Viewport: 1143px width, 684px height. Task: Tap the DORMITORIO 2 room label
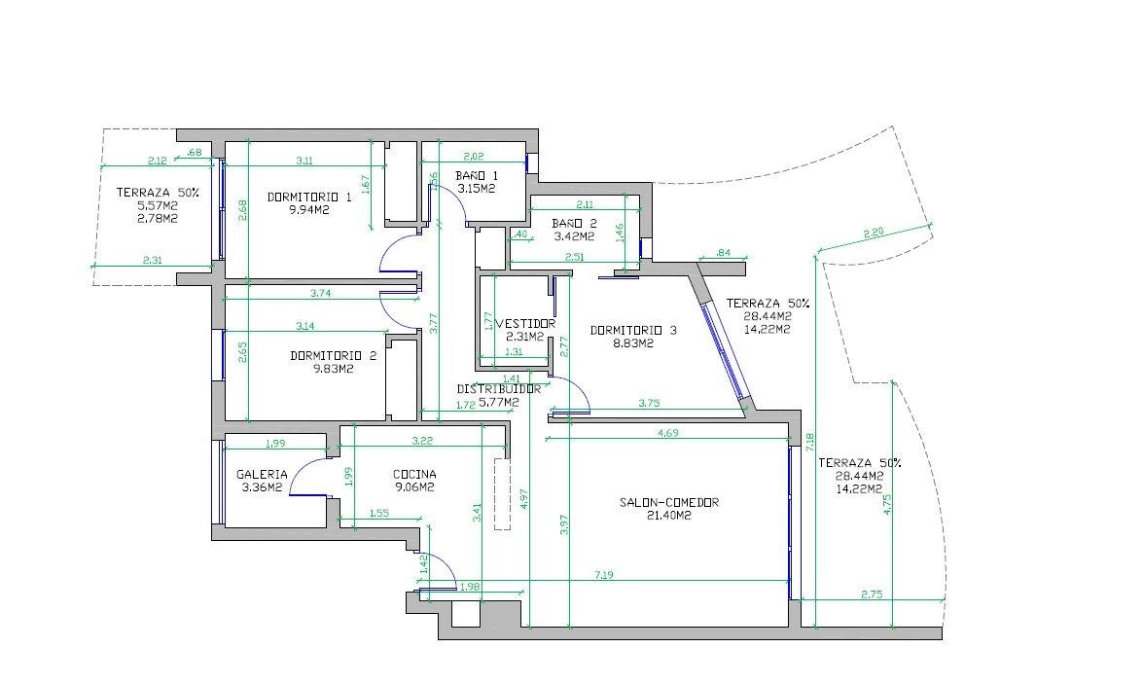[x=334, y=355]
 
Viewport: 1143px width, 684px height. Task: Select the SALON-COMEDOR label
[x=668, y=502]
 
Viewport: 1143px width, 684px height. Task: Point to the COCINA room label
[x=414, y=474]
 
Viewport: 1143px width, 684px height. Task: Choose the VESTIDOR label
[x=525, y=323]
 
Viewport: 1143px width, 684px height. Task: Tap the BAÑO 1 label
[x=476, y=176]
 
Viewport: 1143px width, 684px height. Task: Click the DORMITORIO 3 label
[x=633, y=330]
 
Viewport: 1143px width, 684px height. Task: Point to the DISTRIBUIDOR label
[x=498, y=388]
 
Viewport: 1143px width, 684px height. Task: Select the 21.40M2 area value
[x=668, y=516]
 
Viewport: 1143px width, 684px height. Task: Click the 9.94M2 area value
[x=307, y=208]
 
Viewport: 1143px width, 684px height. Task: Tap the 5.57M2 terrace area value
[x=158, y=205]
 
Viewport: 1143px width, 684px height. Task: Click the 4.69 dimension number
[x=668, y=433]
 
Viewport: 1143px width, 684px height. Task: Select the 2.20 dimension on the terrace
[x=874, y=233]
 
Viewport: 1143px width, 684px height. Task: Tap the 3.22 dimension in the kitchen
[x=422, y=442]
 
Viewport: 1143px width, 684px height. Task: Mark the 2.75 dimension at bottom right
[x=873, y=594]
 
